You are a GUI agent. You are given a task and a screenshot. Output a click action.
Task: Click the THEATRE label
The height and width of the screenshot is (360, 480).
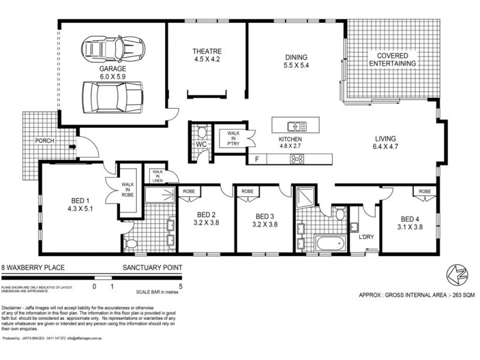point(207,51)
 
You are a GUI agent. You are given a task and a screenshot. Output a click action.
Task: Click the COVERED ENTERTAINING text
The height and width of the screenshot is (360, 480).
point(392,59)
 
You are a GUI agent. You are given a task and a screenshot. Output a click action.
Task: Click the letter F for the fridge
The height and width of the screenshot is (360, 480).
point(256,159)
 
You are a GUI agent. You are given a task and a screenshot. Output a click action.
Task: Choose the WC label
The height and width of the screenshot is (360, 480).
point(200,144)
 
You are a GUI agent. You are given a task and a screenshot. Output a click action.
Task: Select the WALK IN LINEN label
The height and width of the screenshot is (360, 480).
point(158,175)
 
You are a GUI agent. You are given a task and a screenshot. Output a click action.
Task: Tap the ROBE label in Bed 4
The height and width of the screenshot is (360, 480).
point(425,191)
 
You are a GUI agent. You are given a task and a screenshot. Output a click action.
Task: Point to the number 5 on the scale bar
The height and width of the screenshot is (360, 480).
point(181,287)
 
